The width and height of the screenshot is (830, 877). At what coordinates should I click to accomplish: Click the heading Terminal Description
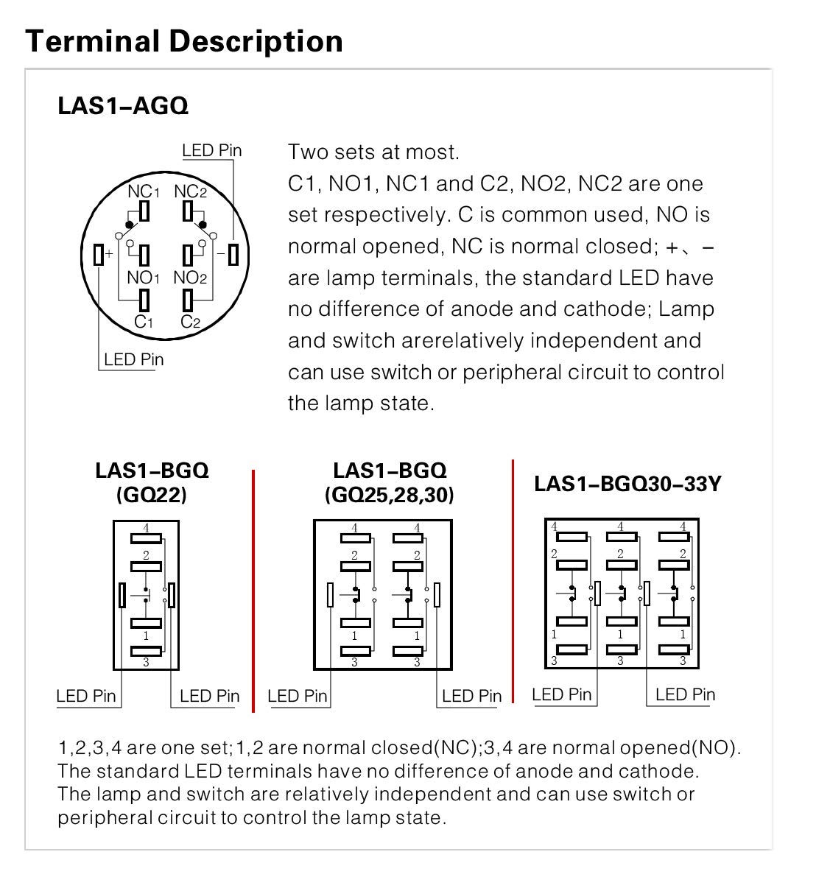[184, 41]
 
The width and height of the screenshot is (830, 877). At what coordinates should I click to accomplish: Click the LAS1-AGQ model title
[123, 106]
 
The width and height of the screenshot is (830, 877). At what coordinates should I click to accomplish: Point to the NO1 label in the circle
[143, 278]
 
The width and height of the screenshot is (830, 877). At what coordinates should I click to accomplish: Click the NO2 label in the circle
[190, 278]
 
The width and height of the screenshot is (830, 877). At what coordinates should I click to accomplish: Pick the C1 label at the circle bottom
[144, 321]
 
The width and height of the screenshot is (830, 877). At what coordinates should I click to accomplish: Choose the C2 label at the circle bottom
[190, 321]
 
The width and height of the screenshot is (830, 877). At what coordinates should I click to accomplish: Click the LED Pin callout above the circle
[212, 151]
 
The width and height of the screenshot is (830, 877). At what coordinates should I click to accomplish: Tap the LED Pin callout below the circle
[133, 359]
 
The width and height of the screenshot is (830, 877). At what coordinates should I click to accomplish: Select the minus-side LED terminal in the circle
[233, 255]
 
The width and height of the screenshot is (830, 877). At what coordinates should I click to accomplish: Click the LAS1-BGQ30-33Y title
[627, 484]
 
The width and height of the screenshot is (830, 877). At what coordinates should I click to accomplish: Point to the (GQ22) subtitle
[152, 495]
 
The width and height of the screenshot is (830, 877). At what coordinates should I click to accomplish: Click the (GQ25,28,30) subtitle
[389, 495]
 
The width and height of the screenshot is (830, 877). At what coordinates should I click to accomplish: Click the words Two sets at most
[373, 152]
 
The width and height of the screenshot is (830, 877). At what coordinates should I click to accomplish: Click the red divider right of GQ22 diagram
[253, 589]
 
